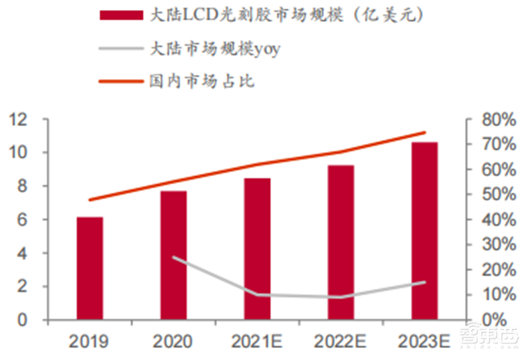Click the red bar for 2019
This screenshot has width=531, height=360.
click(90, 268)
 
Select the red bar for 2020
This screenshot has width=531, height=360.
click(173, 256)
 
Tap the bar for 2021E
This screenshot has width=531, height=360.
click(257, 249)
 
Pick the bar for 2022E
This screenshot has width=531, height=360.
click(341, 242)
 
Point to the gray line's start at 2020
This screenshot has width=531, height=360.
click(173, 257)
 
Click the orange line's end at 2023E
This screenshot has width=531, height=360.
click(424, 133)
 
